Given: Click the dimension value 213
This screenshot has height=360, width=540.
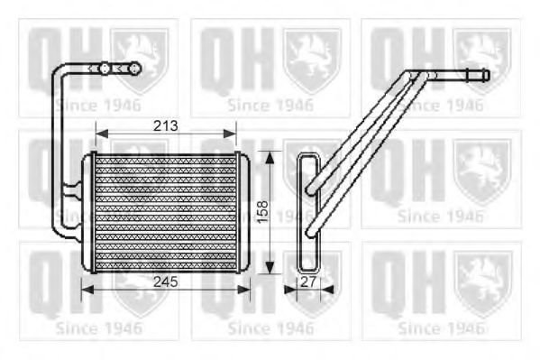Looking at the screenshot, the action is point(166,125).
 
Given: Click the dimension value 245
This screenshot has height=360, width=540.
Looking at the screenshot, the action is point(166,282).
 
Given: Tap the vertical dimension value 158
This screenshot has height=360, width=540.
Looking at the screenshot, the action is point(262,211).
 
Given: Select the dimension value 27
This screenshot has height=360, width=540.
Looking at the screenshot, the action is point(308,282).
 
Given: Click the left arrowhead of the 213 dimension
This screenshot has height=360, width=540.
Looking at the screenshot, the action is point(102,134).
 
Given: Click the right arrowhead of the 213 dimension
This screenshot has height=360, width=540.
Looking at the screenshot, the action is point(230,134).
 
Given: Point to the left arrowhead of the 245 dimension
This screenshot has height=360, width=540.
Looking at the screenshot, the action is point(87,290).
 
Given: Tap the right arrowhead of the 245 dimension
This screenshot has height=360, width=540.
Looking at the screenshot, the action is point(243,290).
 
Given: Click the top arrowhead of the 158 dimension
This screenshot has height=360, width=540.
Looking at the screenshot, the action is point(270,157).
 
